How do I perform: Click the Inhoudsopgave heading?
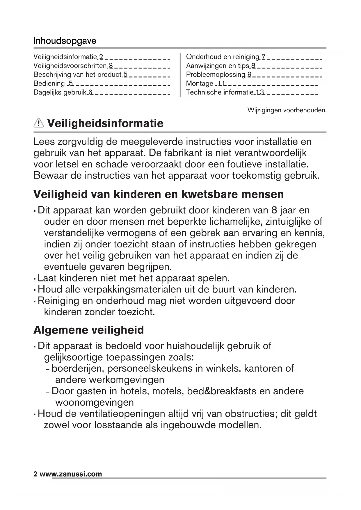(65, 40)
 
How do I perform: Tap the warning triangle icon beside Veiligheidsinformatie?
(39, 124)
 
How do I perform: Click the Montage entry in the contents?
(200, 83)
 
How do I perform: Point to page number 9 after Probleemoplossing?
(249, 75)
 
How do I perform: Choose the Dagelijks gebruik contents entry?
(60, 92)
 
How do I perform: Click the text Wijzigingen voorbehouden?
(287, 110)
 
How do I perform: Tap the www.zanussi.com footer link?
(71, 474)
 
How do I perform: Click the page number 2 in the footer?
(35, 474)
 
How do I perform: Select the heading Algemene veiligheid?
(89, 330)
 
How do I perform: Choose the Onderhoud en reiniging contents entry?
(222, 57)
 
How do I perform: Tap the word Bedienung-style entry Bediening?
(49, 83)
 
